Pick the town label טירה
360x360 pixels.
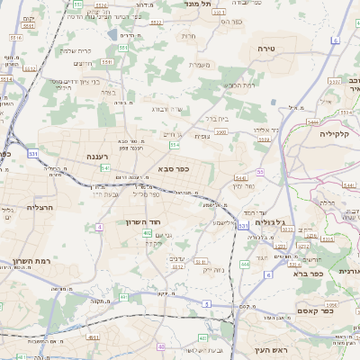tap(265, 48)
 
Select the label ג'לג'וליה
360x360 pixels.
tap(270, 222)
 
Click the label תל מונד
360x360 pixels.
tap(198, 4)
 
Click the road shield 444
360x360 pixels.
tap(245, 265)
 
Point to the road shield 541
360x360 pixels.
tap(105, 168)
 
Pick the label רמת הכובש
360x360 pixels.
tap(238, 85)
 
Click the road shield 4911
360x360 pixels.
tap(94, 337)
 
